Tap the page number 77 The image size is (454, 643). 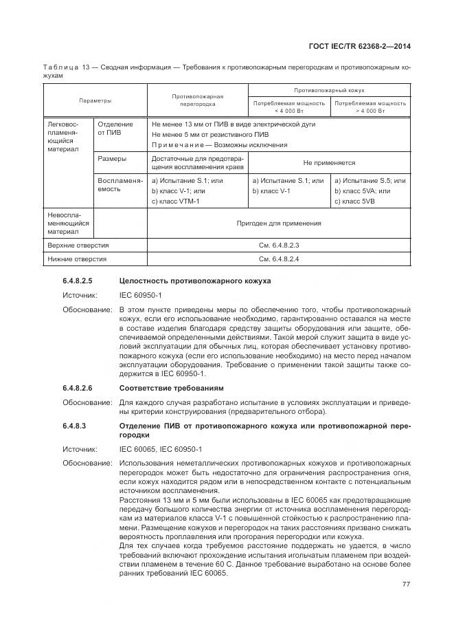406,585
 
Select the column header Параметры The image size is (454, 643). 95,100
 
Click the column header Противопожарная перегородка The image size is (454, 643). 197,100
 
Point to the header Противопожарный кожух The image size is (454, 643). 329,90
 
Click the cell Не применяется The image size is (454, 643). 329,163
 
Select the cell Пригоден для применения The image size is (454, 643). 278,223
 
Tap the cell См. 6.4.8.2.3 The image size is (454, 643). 278,245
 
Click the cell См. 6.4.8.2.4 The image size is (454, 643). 278,259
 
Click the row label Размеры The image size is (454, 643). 111,158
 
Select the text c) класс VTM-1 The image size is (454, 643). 175,201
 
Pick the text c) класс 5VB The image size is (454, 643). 354,201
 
